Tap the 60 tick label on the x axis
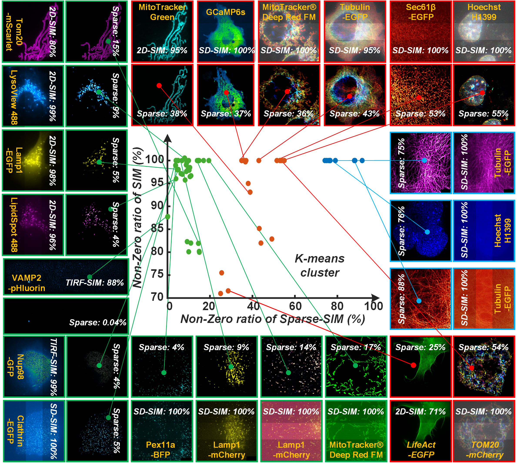295,306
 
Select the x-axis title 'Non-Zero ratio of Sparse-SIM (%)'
273,319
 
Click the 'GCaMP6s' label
226,12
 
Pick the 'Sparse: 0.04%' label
98,323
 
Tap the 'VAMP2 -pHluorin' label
26,283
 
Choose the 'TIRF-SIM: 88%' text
95,283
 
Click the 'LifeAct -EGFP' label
421,450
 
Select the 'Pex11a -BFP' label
161,450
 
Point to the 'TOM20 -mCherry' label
485,450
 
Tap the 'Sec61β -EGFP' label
421,12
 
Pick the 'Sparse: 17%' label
356,347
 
